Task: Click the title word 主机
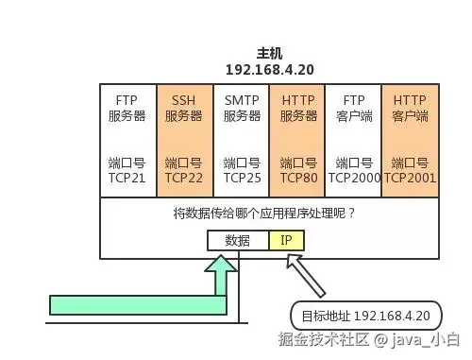[269, 54]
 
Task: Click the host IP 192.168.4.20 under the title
[269, 70]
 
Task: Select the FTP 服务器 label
[127, 108]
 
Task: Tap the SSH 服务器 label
[184, 108]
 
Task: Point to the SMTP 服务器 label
[242, 108]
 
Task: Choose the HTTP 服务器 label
[297, 108]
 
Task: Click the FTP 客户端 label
[353, 108]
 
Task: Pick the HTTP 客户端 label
[410, 108]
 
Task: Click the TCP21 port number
[127, 177]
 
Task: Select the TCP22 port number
[184, 177]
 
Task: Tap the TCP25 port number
[242, 177]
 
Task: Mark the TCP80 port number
[297, 177]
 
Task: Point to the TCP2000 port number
[353, 177]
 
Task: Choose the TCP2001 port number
[410, 177]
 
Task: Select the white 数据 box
[238, 240]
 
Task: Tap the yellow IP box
[286, 240]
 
